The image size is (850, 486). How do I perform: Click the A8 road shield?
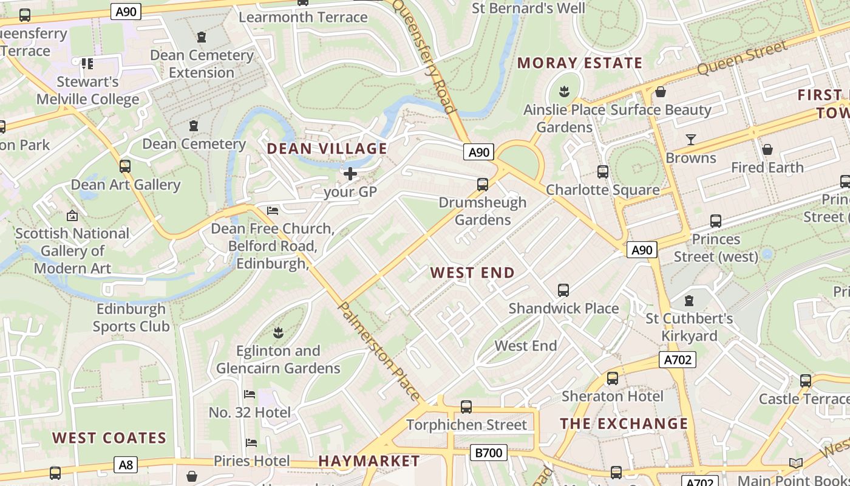point(126,465)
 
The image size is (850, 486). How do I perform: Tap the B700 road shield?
point(488,453)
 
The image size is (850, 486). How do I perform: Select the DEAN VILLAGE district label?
point(327,149)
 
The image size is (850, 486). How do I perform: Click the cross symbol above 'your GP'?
point(350,174)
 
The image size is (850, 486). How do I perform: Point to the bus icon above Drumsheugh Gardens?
point(483,184)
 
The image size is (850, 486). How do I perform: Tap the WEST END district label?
point(472,273)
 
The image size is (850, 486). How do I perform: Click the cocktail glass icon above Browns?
point(691,140)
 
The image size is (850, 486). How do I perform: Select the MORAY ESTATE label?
point(580,63)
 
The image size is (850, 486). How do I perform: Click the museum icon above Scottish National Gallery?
point(72,216)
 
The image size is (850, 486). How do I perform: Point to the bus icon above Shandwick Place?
point(563,290)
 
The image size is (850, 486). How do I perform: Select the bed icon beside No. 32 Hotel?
point(250,394)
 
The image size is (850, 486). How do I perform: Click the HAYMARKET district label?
point(369,461)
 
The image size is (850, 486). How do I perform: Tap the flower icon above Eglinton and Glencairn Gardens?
point(279,332)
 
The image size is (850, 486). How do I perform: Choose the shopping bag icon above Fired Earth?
point(767,149)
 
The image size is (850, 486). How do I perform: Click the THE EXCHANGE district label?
point(624,424)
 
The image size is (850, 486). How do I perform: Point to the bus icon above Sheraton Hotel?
point(613,378)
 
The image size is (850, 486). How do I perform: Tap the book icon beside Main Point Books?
point(795,464)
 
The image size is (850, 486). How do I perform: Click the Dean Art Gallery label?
point(126,185)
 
